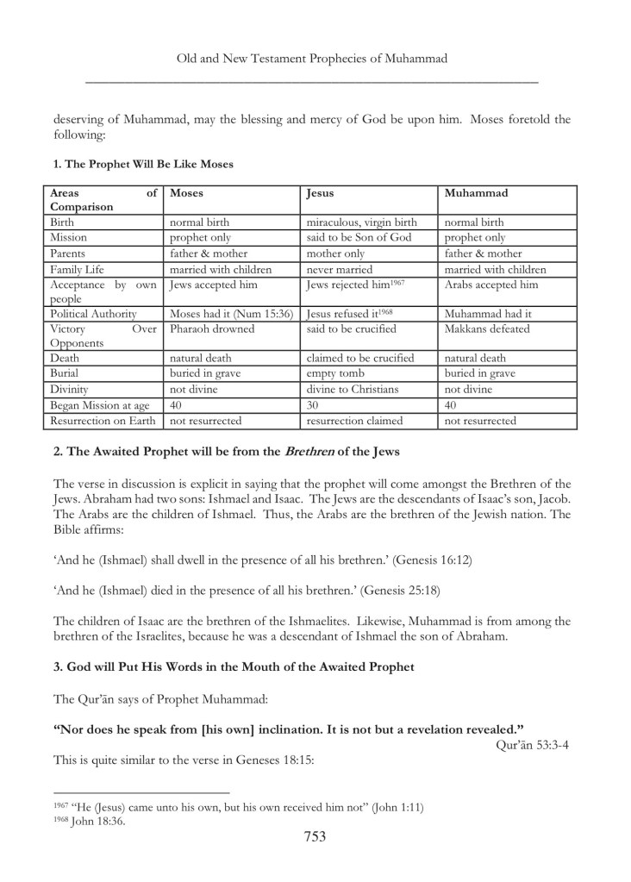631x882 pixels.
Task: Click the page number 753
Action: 315,836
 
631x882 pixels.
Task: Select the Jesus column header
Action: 320,193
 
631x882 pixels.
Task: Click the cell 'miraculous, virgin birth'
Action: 361,222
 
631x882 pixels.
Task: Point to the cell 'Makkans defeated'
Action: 487,328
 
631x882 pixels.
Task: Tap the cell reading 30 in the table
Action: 314,405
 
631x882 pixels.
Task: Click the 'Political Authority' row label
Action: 93,314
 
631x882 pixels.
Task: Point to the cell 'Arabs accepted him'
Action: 491,285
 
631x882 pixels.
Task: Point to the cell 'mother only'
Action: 336,253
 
